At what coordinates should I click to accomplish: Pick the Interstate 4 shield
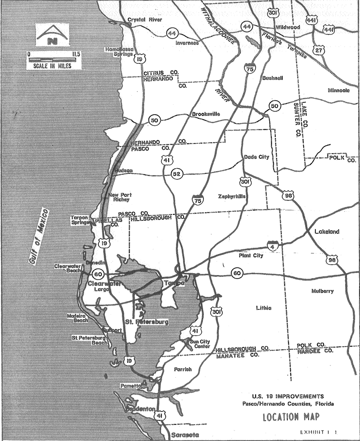[x=271, y=245]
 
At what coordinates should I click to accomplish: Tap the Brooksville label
[x=206, y=114]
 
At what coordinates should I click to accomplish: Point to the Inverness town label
[x=186, y=44]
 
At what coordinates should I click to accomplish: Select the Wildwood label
[x=288, y=27]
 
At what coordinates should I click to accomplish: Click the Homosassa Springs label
[x=119, y=52]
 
